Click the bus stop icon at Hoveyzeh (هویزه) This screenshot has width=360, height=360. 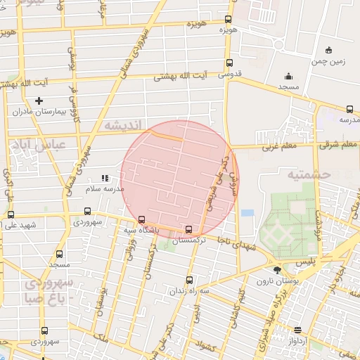pos(228,20)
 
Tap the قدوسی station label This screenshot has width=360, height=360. pos(230,74)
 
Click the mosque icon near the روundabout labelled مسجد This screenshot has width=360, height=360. pos(288,77)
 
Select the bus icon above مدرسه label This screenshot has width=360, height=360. pos(349,109)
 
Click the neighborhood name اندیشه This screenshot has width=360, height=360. pos(123,124)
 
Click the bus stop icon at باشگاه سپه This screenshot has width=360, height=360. pos(143,219)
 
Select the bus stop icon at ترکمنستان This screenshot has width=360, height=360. pos(188,229)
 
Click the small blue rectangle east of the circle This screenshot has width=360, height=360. pos(247,212)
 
